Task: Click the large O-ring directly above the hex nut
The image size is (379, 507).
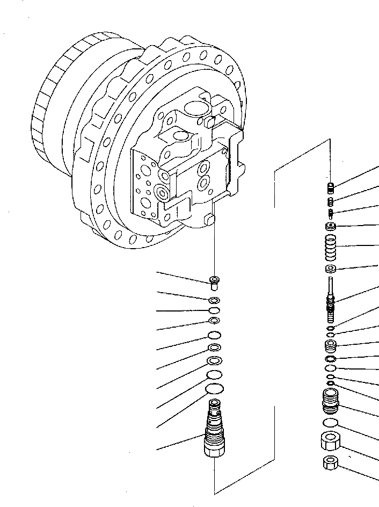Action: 331,422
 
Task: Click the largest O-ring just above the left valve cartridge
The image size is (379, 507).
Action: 215,388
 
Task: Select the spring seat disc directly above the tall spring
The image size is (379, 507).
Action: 331,226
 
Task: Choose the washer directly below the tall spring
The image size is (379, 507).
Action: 331,269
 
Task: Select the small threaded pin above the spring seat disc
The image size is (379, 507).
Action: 331,212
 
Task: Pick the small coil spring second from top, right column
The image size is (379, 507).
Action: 331,201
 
